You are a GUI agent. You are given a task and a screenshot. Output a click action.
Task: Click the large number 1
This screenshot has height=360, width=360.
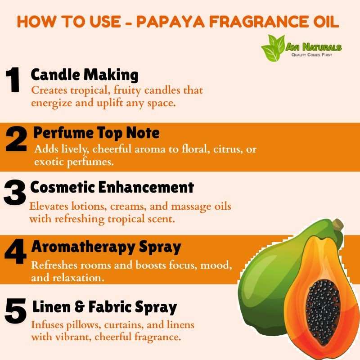pos(13,80)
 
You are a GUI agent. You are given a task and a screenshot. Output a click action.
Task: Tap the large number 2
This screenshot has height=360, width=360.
pos(16,139)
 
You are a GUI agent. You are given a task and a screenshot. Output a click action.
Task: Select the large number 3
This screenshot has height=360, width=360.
pos(15,192)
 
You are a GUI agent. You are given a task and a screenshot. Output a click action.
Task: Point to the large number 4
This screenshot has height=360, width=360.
pos(16,251)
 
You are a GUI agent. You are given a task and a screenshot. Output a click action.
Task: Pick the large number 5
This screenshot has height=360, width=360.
pos(16,310)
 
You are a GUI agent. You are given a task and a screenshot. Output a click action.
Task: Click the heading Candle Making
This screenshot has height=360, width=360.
pos(85,75)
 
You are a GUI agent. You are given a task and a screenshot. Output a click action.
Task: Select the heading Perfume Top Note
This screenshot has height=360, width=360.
pos(96,133)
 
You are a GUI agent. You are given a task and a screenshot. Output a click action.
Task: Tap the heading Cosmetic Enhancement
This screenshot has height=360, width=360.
pos(112,187)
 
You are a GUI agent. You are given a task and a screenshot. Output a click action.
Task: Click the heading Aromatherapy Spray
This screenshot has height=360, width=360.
pos(106,247)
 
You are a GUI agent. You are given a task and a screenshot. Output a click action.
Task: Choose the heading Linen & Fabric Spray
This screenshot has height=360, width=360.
pos(105,307)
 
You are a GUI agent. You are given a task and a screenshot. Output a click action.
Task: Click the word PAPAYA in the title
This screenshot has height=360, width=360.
pos(171,22)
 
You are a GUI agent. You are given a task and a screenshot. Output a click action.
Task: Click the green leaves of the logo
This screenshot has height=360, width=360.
pos(273,48)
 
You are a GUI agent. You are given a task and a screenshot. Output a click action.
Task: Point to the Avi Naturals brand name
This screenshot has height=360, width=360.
pos(313,47)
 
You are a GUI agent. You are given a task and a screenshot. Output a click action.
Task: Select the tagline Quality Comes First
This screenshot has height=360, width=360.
pos(312,55)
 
